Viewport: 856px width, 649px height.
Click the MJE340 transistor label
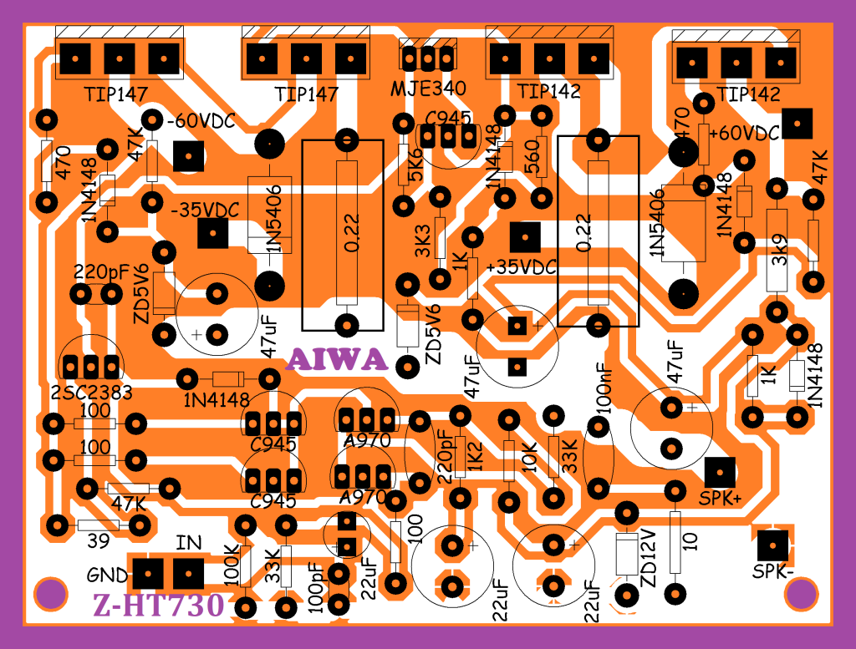[428, 87]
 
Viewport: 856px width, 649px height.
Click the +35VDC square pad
[525, 238]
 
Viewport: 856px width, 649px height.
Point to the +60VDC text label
[744, 133]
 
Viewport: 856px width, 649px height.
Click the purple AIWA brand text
[337, 359]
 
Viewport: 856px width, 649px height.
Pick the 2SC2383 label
[91, 393]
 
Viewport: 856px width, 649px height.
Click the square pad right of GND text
[149, 574]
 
